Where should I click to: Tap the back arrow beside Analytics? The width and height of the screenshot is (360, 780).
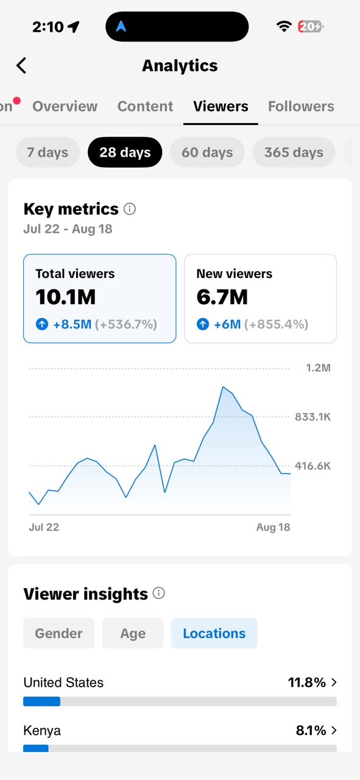click(21, 65)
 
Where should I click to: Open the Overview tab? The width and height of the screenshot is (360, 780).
click(65, 106)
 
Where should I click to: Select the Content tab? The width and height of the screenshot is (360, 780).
click(145, 106)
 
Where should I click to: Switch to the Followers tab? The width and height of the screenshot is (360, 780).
click(301, 106)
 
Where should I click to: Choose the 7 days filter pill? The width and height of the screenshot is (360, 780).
click(48, 152)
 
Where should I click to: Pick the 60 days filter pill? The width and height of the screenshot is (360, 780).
click(207, 152)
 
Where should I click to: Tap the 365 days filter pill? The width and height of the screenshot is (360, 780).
click(294, 152)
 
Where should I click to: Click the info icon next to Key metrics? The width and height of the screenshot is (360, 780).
click(130, 209)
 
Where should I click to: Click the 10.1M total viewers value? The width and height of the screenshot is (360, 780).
click(65, 297)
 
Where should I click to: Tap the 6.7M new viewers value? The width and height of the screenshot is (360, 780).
click(222, 297)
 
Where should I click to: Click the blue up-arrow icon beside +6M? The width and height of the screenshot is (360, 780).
click(203, 324)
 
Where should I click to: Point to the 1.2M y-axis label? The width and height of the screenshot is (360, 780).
click(318, 367)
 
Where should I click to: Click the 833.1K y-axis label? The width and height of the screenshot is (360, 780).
click(312, 417)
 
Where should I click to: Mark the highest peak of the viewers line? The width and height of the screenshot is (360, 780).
click(223, 386)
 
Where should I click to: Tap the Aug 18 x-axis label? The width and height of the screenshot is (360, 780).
click(273, 527)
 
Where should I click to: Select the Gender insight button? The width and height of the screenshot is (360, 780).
click(59, 633)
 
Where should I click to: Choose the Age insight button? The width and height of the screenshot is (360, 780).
click(133, 633)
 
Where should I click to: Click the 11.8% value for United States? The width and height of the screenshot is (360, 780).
click(307, 682)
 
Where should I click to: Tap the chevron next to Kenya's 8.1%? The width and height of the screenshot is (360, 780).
click(334, 730)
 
